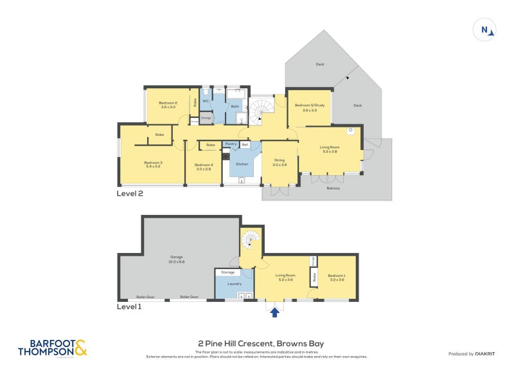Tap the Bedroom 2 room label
point(168,105)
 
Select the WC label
point(206,102)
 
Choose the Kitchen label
point(242,165)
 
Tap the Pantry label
point(231,145)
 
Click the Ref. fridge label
point(245,145)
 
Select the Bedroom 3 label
point(153,164)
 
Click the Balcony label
point(333,188)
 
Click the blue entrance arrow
point(275,312)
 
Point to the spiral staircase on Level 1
point(251,242)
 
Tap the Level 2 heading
point(130,193)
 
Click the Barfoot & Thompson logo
point(53,348)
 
